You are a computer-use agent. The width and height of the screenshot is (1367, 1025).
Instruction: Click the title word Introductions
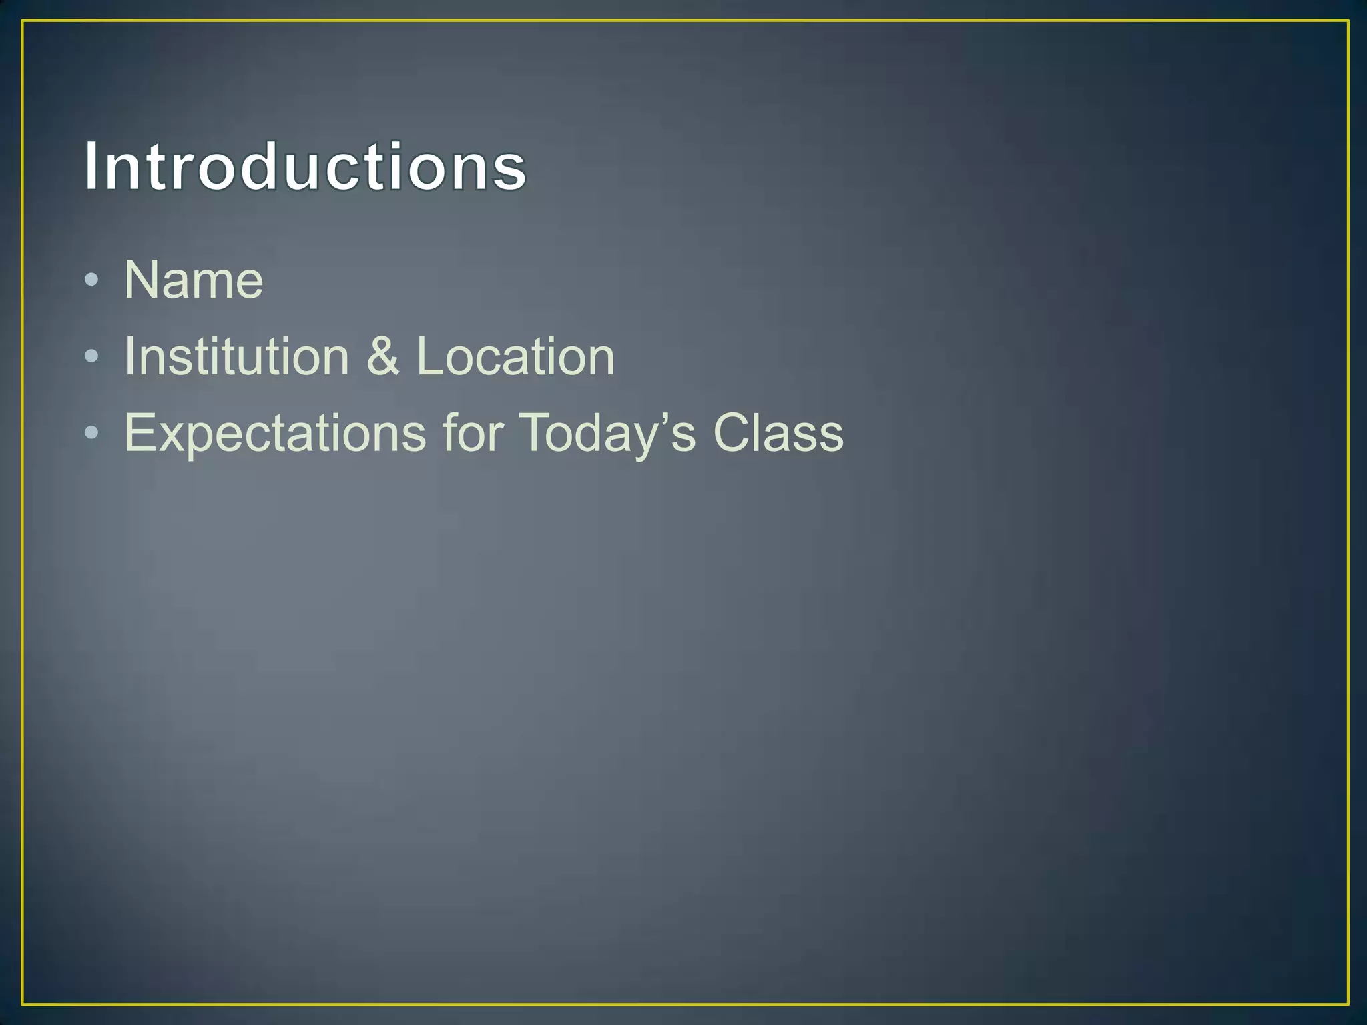[x=305, y=167]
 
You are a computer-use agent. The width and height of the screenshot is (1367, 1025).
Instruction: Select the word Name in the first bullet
[x=194, y=280]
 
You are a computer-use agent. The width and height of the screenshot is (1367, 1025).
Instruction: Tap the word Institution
[x=237, y=357]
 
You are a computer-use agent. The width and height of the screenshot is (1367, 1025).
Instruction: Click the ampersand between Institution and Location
[x=382, y=357]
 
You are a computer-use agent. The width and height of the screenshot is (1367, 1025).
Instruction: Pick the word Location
[x=515, y=357]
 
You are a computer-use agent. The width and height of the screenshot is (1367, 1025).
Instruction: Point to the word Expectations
[x=275, y=434]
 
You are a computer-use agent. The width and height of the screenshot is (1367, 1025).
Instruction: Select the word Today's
[x=607, y=434]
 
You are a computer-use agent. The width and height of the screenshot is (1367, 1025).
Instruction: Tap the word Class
[x=778, y=434]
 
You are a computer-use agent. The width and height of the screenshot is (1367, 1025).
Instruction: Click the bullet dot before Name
[x=92, y=280]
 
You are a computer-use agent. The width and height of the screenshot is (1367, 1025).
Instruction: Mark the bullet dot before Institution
[x=92, y=357]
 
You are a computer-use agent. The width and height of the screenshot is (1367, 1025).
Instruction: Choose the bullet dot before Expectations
[x=92, y=434]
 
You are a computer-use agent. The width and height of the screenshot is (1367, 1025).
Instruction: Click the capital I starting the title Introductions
[x=92, y=167]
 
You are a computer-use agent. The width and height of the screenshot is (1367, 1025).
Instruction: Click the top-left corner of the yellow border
[x=23, y=21]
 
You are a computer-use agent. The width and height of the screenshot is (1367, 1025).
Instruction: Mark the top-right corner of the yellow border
[x=1348, y=21]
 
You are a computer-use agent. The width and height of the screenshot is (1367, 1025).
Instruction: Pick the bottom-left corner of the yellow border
[x=23, y=1003]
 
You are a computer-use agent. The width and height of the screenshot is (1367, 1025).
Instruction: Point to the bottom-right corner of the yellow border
[x=1348, y=1003]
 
